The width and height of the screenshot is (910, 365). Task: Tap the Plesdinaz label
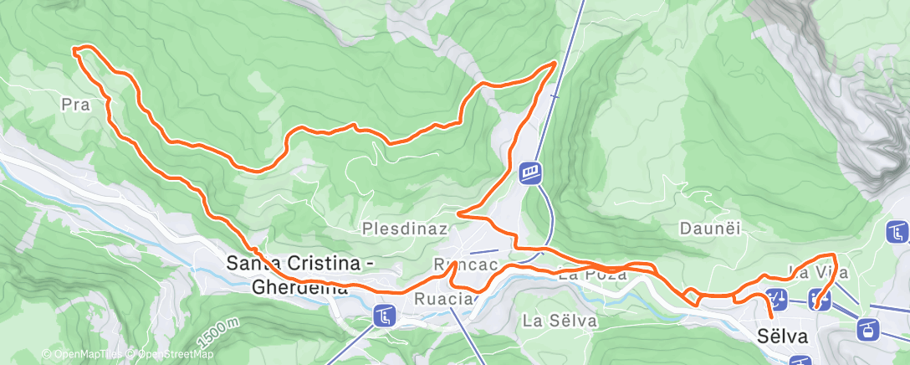point(406,228)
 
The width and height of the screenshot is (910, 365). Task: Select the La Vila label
point(821,272)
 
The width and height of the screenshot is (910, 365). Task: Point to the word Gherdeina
point(299,287)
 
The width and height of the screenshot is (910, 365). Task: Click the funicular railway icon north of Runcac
point(531,173)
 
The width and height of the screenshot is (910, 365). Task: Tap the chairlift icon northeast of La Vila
point(898,231)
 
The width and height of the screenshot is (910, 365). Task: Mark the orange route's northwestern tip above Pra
point(76,51)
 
